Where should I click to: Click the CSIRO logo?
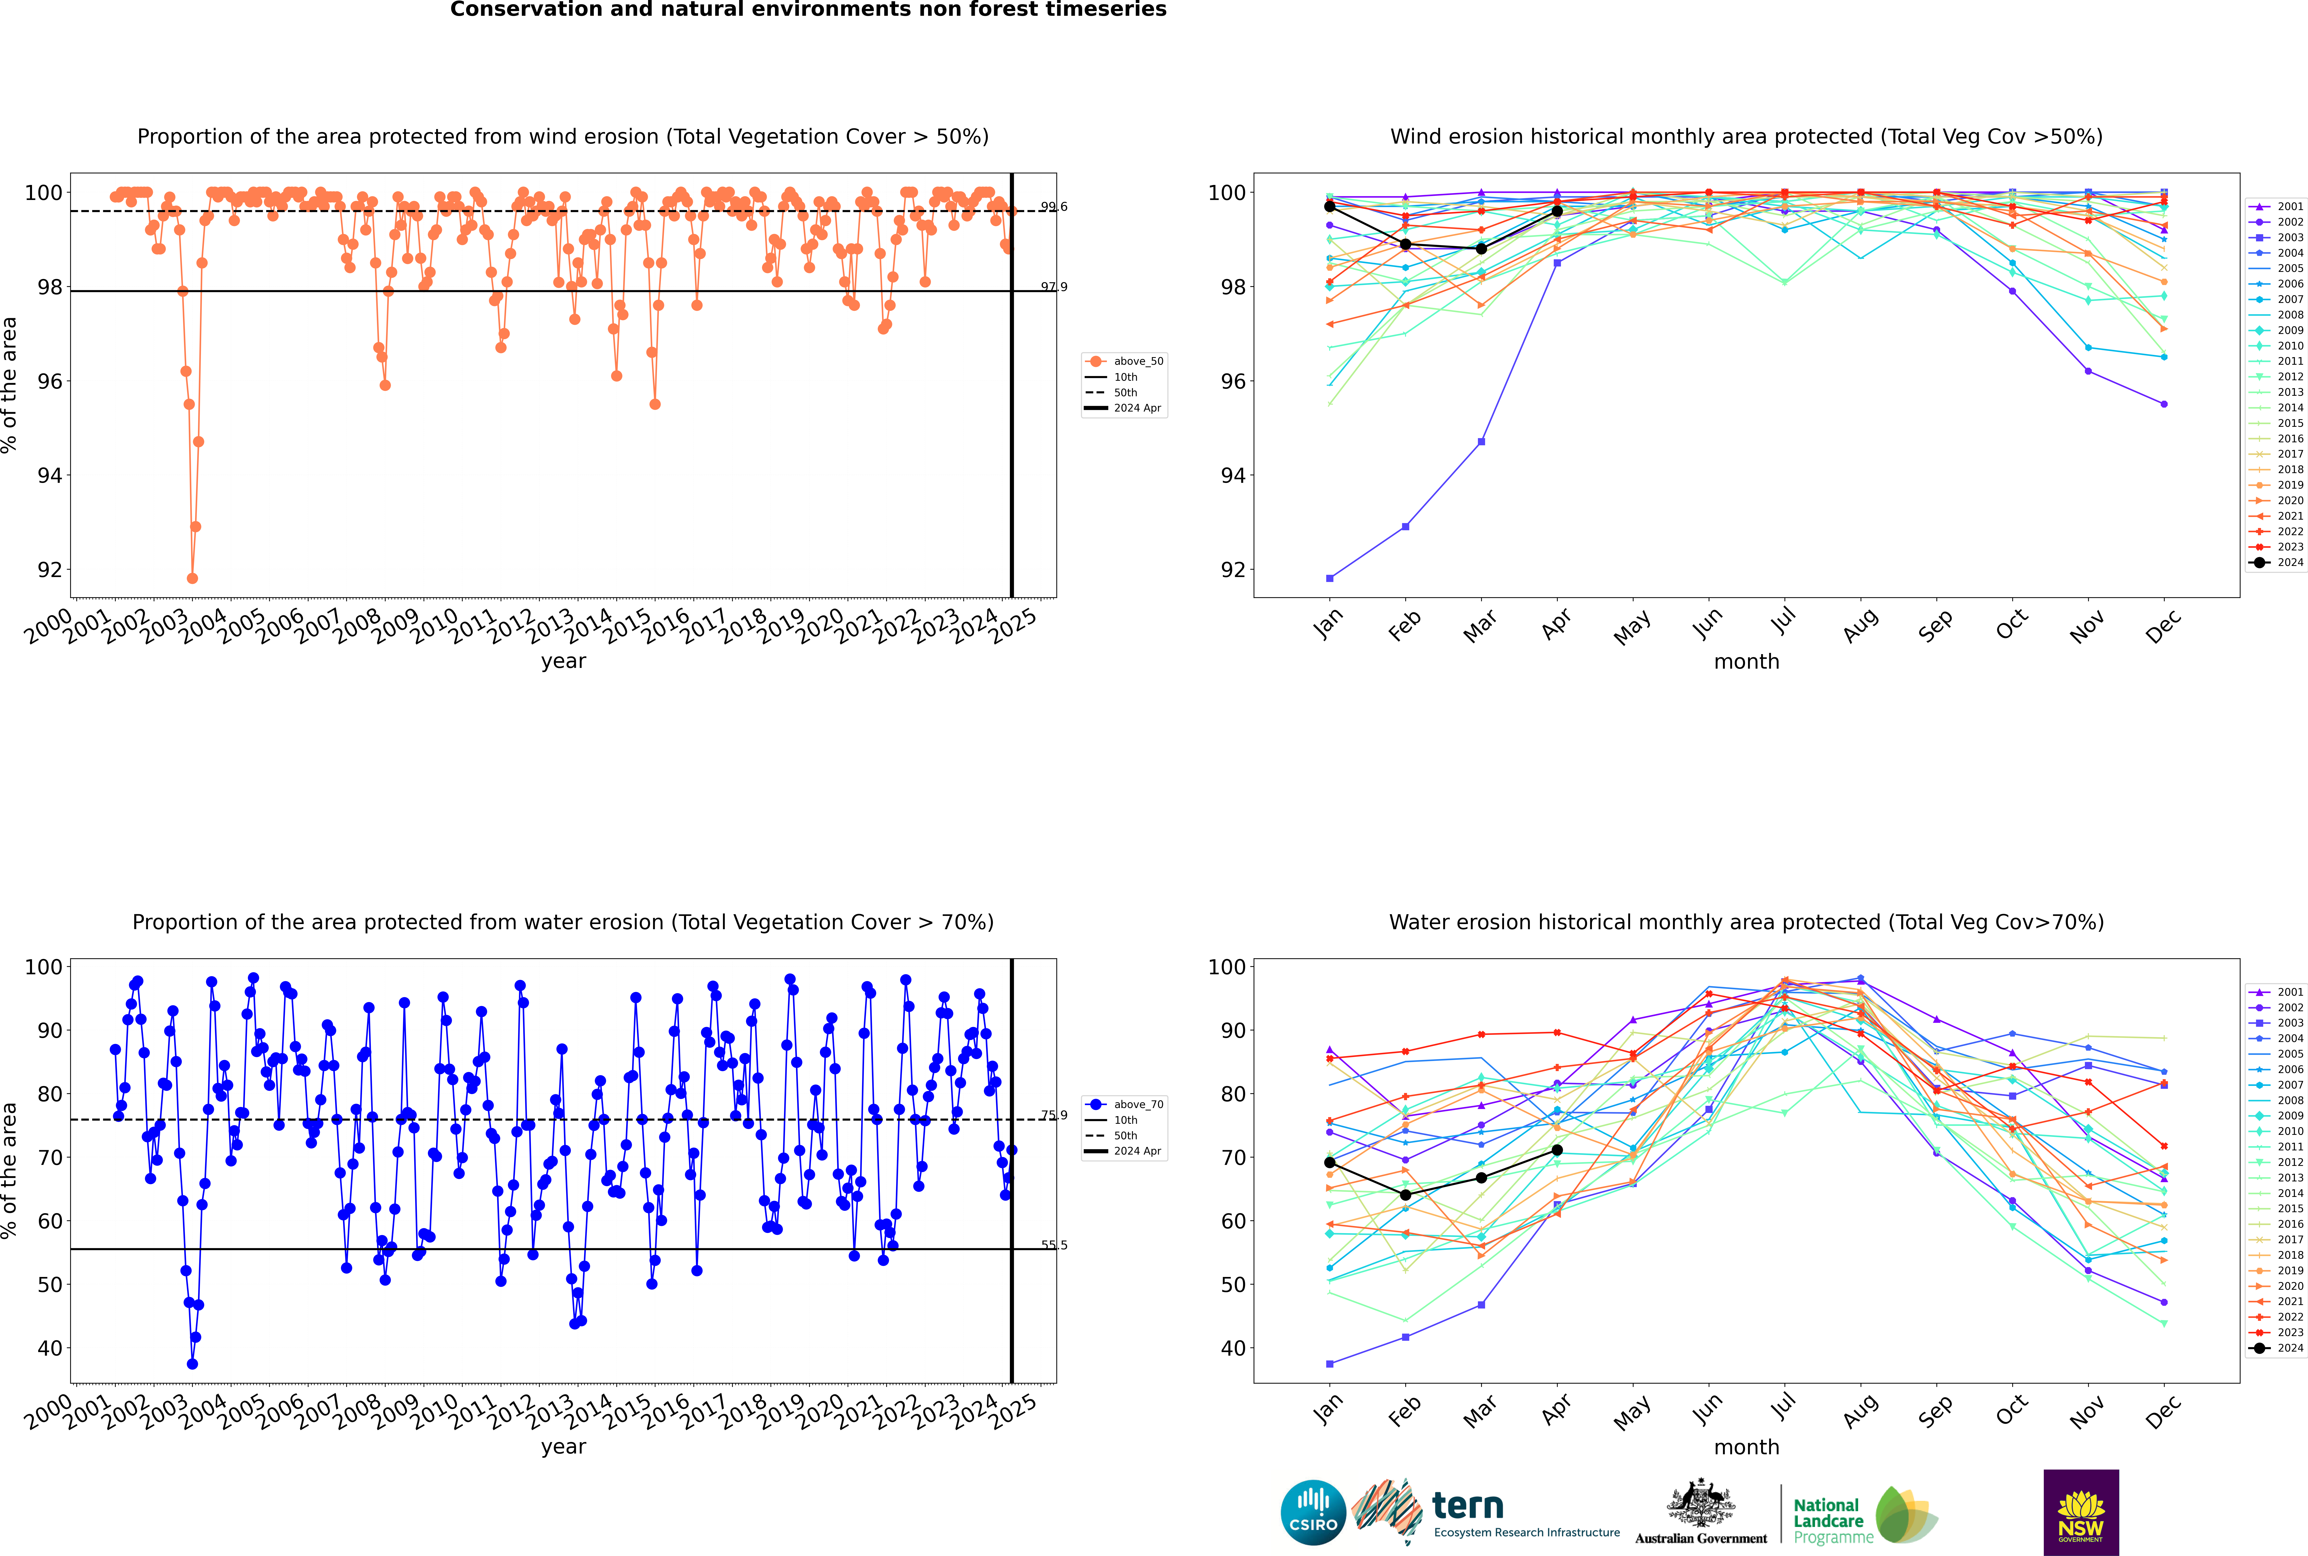click(1313, 1512)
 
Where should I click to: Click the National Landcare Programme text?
click(1828, 1520)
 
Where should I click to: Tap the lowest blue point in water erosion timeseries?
click(193, 1363)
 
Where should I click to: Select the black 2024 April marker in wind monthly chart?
click(1557, 211)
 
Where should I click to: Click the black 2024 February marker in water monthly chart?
click(1405, 1195)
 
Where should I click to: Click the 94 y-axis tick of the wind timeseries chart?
click(49, 475)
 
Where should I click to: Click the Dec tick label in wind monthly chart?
click(2163, 626)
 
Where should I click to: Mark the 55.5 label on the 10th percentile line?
click(1054, 1245)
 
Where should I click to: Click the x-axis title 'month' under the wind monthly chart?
click(1746, 662)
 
